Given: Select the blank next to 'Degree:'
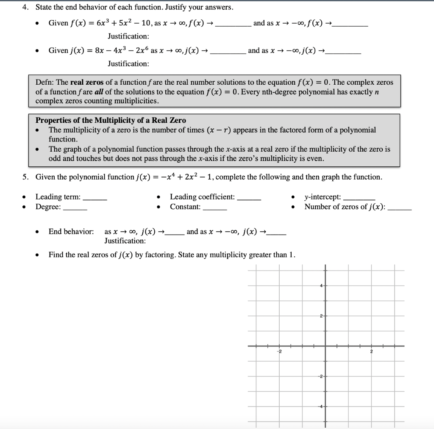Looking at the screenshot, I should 75,208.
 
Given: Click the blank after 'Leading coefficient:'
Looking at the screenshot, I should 249,197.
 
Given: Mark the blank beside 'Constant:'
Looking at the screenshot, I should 215,208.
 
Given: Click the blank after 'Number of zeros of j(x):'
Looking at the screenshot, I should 400,208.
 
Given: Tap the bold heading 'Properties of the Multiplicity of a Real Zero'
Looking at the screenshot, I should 111,120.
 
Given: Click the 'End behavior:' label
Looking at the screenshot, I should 71,232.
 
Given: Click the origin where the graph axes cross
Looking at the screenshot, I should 325,346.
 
